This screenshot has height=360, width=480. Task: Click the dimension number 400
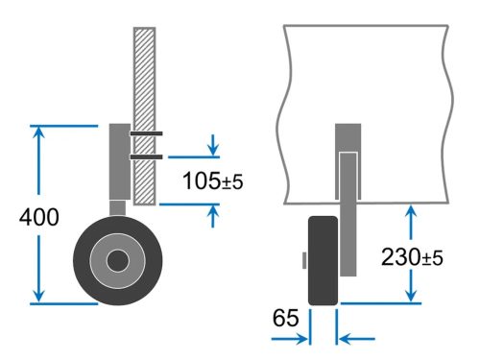point(38,217)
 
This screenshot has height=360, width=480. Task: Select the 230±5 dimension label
point(411,257)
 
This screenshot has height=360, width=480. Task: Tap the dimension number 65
point(286,316)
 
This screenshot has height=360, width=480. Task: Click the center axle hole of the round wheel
point(117,261)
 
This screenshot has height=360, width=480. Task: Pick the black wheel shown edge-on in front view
point(322,260)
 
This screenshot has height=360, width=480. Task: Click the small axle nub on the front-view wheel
point(303,260)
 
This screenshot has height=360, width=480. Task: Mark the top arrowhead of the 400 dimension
point(38,132)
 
